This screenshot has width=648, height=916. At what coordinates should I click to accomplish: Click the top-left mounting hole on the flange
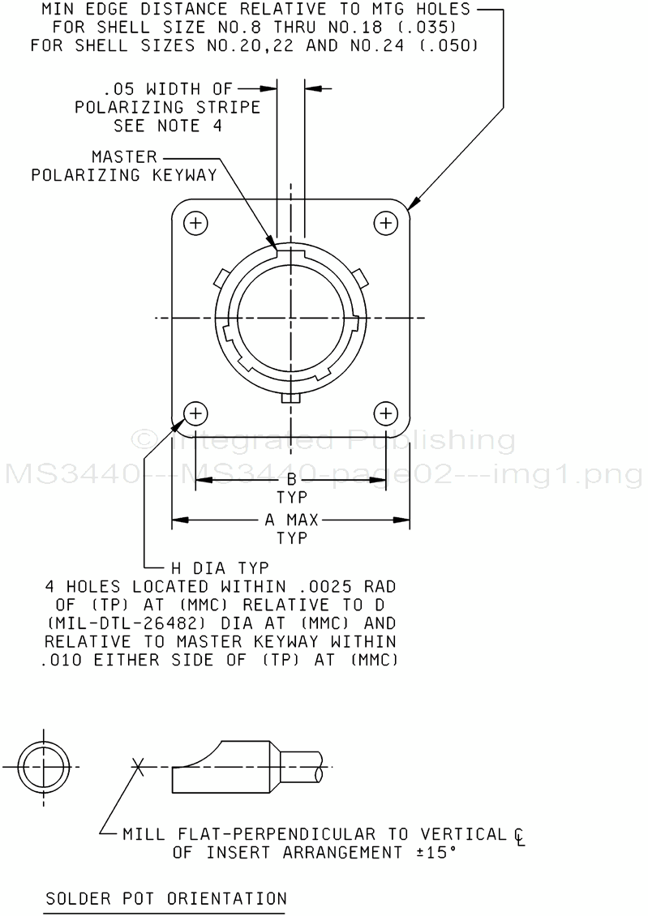pyautogui.click(x=195, y=223)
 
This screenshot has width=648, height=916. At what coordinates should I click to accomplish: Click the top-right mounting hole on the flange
pyautogui.click(x=386, y=223)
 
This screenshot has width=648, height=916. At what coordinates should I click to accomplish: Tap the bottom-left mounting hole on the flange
pyautogui.click(x=195, y=413)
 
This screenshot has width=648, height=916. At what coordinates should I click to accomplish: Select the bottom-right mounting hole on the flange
pyautogui.click(x=386, y=413)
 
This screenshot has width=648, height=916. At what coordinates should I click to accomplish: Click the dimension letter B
pyautogui.click(x=292, y=481)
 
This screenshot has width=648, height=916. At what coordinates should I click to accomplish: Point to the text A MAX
pyautogui.click(x=292, y=520)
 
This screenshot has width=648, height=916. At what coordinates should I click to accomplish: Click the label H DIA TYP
pyautogui.click(x=220, y=567)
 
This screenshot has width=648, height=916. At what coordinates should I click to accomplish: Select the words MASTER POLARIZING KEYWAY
pyautogui.click(x=124, y=166)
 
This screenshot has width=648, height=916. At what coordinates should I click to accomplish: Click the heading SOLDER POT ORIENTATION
pyautogui.click(x=166, y=898)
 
